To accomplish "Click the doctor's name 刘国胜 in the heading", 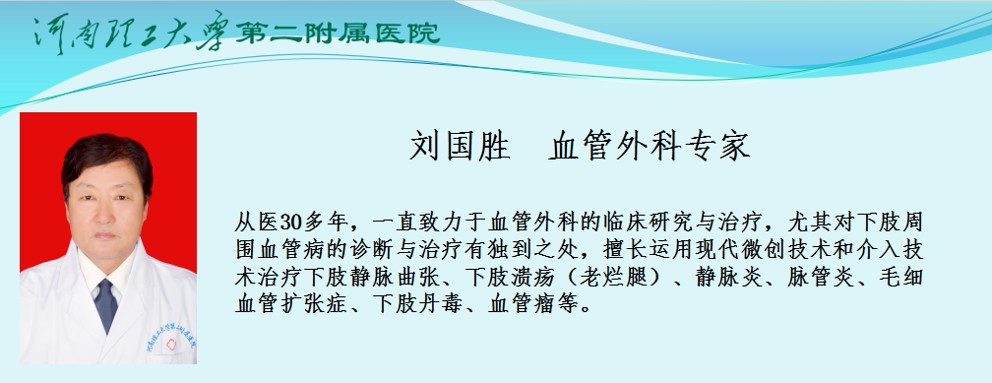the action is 460,147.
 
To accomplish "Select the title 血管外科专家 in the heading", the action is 650,147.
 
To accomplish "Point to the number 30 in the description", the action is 289,223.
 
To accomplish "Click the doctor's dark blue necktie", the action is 105,305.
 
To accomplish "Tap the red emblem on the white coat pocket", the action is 170,344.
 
